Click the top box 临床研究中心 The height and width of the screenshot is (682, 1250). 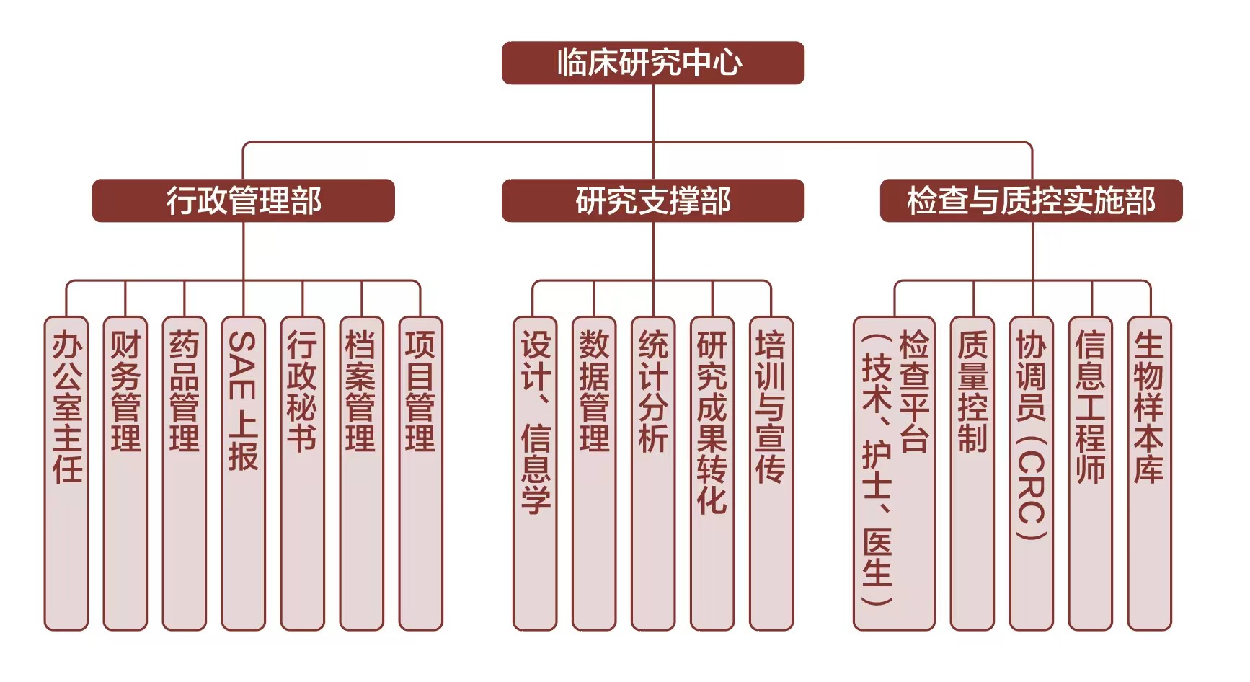tap(652, 63)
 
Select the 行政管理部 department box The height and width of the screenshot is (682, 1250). tap(243, 200)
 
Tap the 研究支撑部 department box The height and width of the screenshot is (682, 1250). tap(652, 200)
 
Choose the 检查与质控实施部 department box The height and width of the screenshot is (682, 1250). tap(1031, 200)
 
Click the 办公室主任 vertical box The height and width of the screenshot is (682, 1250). tap(66, 472)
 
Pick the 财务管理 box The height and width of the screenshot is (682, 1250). tap(125, 472)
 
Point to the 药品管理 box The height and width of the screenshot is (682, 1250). tap(185, 472)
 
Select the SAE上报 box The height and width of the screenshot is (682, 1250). tap(244, 472)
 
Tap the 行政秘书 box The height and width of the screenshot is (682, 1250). tap(303, 472)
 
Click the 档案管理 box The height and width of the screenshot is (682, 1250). tap(361, 472)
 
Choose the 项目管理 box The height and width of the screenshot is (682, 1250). tap(420, 472)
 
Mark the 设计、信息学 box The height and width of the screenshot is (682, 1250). tap(535, 472)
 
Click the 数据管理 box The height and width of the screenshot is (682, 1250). tap(594, 472)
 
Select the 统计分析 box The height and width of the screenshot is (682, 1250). tap(653, 472)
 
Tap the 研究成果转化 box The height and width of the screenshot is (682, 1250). tap(712, 472)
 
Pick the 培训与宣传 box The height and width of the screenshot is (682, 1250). tap(771, 472)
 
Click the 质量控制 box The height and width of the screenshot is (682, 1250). tap(972, 472)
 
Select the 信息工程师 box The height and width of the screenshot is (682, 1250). tap(1090, 472)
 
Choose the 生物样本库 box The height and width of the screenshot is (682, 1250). tap(1149, 472)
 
